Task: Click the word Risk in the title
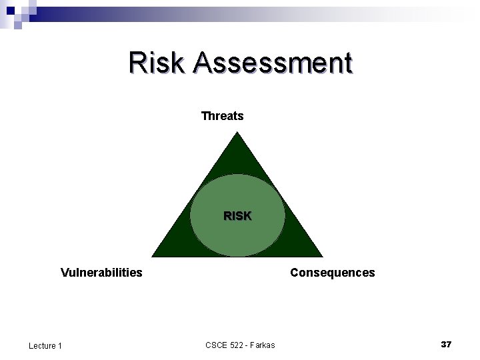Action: point(157,63)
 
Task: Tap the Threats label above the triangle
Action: point(223,116)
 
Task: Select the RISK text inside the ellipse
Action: point(237,216)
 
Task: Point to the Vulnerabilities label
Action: point(101,272)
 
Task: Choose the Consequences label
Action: point(332,272)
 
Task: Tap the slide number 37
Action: point(446,344)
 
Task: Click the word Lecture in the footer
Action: point(42,345)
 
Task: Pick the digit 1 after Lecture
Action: point(60,345)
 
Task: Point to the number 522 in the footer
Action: point(238,345)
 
